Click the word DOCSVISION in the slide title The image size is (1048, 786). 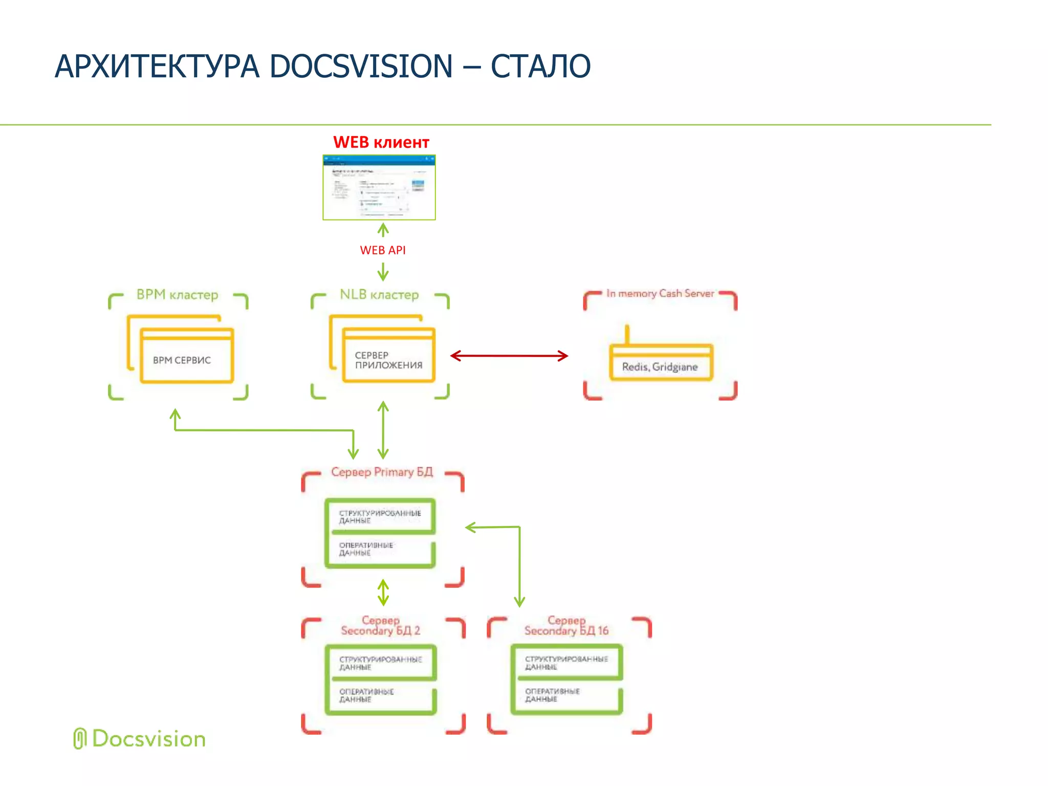click(361, 67)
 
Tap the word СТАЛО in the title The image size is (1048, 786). click(540, 67)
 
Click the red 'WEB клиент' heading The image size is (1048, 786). click(381, 142)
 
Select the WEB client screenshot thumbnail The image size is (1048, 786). click(379, 187)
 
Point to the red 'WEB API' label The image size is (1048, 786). click(382, 250)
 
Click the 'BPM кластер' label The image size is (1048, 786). click(177, 295)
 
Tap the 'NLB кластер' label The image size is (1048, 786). click(379, 295)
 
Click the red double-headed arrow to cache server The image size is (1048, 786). click(509, 356)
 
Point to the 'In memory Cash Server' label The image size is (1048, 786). click(660, 293)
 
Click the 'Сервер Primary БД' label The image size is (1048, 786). click(382, 472)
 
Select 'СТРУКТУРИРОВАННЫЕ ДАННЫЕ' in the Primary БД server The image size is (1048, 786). click(380, 516)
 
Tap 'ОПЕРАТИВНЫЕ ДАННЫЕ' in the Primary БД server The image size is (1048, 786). click(366, 549)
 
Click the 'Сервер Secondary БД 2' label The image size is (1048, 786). click(381, 626)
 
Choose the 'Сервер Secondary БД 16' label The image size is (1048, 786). click(566, 626)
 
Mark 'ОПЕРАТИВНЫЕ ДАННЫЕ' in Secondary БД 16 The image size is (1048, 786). click(553, 695)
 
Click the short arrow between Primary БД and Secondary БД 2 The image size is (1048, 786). click(383, 592)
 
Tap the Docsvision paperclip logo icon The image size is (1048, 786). click(79, 739)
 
